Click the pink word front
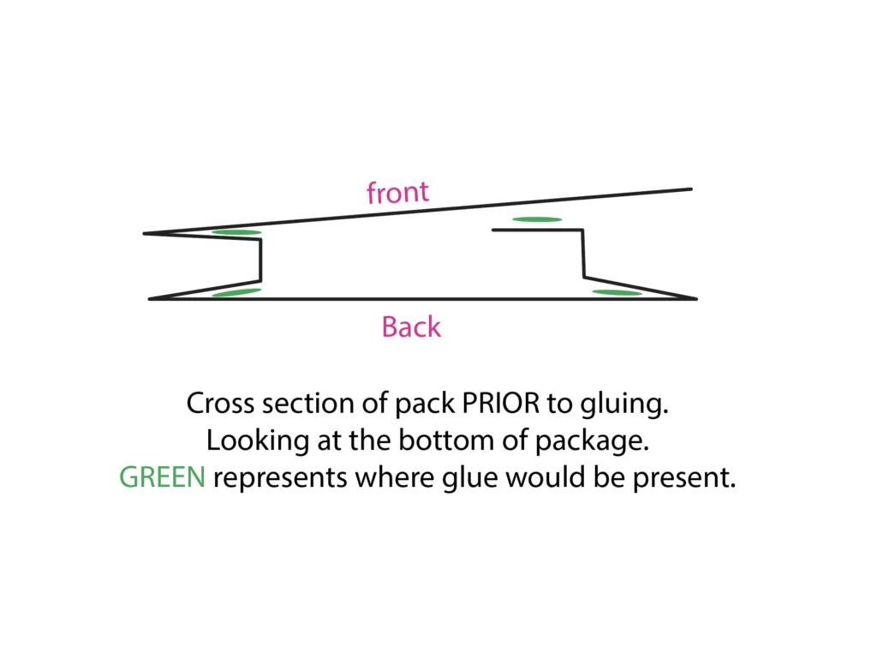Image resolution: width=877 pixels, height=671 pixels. tap(397, 193)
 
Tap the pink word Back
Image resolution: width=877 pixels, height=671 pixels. tap(411, 327)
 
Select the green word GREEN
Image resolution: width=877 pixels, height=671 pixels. tap(162, 477)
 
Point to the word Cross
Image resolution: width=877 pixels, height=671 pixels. tap(220, 403)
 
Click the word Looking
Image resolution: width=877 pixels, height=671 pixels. tap(257, 441)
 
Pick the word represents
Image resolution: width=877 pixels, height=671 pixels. tap(281, 478)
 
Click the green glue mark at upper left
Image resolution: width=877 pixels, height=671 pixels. tap(236, 232)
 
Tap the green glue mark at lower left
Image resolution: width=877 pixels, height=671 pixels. tap(236, 292)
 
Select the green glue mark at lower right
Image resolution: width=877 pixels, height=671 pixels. tap(617, 293)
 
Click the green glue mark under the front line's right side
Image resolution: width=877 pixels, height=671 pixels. tap(537, 219)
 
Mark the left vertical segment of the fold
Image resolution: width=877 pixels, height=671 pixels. tap(260, 261)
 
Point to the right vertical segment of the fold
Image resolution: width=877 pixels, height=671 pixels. tap(583, 253)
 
